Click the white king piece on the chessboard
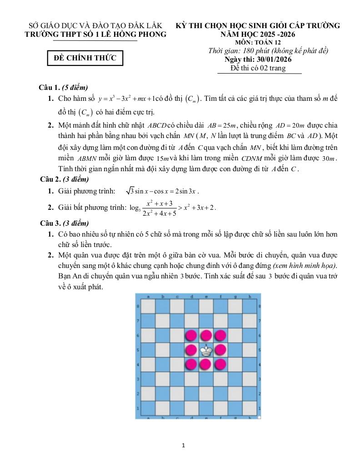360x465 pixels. pyautogui.click(x=206, y=350)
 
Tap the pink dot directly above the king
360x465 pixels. pyautogui.click(x=206, y=336)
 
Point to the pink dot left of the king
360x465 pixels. pyautogui.click(x=191, y=350)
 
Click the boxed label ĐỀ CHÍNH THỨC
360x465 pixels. pyautogui.click(x=85, y=58)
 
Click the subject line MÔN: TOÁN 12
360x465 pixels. pyautogui.click(x=258, y=43)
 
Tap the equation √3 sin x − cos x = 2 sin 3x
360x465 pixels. pyautogui.click(x=163, y=191)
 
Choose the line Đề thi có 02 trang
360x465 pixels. pyautogui.click(x=258, y=68)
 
